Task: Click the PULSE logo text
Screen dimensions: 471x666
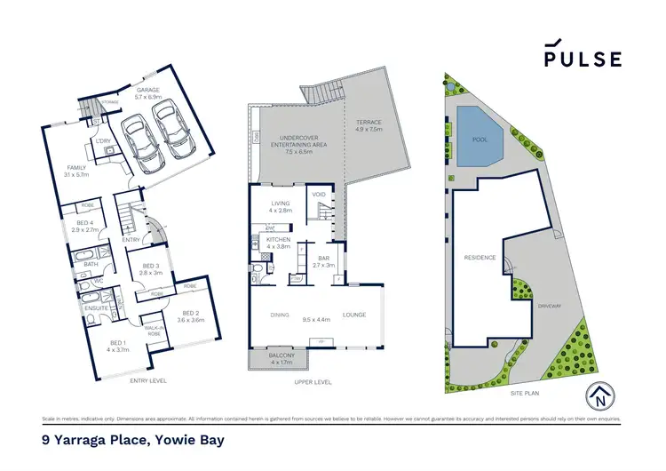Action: [583, 59]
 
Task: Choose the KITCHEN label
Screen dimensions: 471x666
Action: [277, 241]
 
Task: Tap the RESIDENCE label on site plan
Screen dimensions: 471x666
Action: [479, 258]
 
